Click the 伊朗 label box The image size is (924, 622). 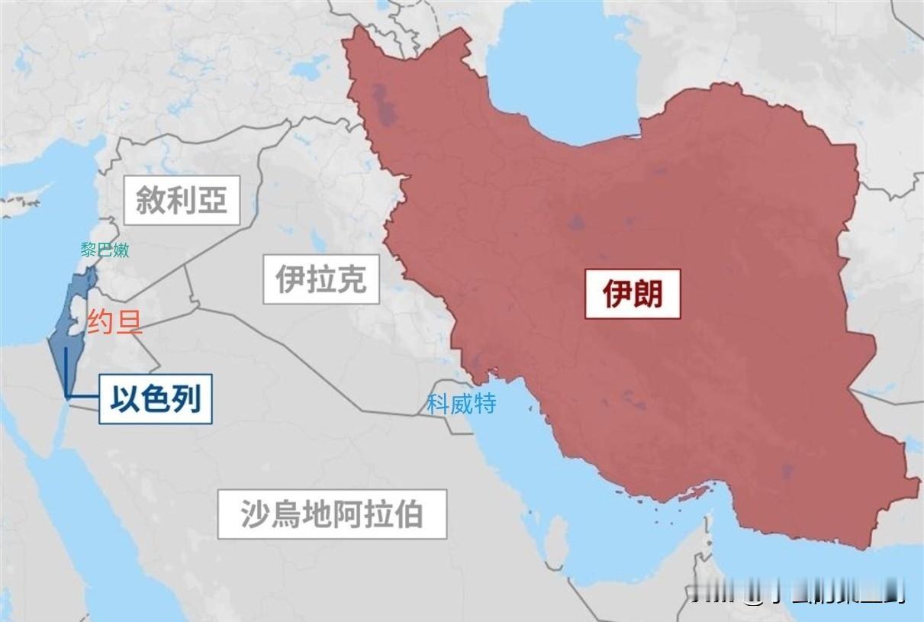(633, 293)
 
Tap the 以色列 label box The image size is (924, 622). (155, 398)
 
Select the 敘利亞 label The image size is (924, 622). (182, 200)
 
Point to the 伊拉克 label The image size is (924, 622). (320, 279)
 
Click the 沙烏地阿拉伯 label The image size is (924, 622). (332, 514)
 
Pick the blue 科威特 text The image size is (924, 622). (461, 404)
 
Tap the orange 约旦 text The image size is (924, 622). (114, 324)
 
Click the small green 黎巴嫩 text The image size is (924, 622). (105, 250)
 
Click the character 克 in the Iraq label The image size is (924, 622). (352, 279)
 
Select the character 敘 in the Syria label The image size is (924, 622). (150, 200)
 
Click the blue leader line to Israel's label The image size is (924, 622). (67, 374)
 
